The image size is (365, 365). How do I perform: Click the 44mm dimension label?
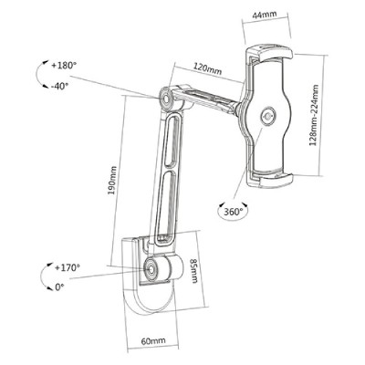point(265,15)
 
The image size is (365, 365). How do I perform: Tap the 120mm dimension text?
point(208,70)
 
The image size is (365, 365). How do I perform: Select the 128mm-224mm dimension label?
point(314,115)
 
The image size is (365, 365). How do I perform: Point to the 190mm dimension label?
point(112,181)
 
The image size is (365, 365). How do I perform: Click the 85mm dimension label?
point(194,271)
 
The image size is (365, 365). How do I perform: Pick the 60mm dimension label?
point(153,340)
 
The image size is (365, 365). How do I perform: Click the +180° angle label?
point(64,66)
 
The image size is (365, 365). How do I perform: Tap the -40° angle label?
point(59,87)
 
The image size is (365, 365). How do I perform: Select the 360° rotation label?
point(234,212)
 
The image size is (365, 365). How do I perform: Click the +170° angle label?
point(68,268)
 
